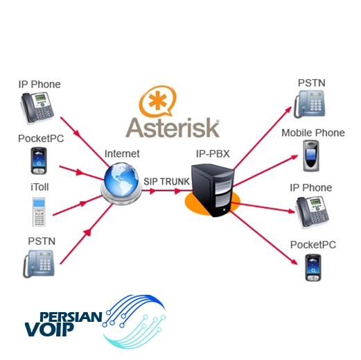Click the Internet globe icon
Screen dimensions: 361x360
[x=121, y=183]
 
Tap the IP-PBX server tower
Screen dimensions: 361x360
[x=213, y=190]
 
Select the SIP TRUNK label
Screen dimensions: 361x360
[x=166, y=182]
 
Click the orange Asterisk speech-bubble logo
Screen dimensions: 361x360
[x=157, y=101]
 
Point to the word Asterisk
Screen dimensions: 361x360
[x=173, y=128]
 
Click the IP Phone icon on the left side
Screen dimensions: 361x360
[x=37, y=108]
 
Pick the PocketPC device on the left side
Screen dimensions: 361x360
[x=39, y=161]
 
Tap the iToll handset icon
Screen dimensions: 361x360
[x=39, y=212]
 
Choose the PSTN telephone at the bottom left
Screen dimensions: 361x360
[x=39, y=264]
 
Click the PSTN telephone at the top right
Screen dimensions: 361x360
[x=310, y=104]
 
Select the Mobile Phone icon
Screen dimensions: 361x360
[x=311, y=155]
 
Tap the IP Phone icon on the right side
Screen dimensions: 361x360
[x=312, y=212]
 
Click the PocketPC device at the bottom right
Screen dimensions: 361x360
[x=313, y=268]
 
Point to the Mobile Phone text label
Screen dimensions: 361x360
[x=313, y=133]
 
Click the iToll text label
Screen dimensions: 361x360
[x=39, y=187]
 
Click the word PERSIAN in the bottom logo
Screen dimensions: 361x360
[x=71, y=317]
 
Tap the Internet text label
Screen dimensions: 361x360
[x=122, y=154]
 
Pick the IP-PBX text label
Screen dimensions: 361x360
[x=213, y=154]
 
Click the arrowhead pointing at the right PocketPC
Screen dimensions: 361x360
[x=294, y=262]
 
